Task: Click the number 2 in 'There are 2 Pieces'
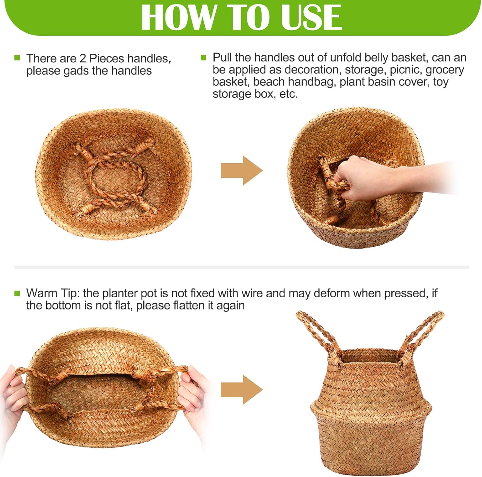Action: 83,59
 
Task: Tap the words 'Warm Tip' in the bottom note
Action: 52,293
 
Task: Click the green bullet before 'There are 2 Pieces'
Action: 17,58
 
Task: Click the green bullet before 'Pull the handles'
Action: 203,58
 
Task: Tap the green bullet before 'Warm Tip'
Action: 17,293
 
